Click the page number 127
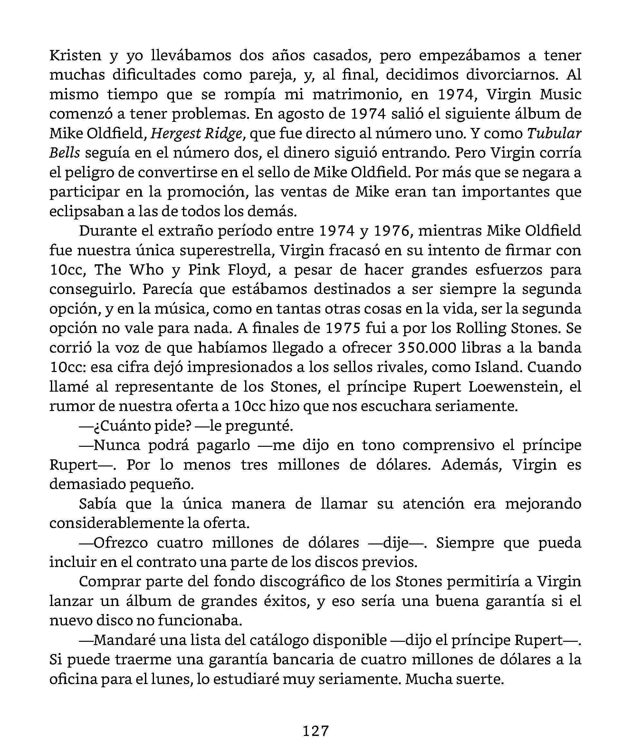pos(316,730)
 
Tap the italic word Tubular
pos(554,133)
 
